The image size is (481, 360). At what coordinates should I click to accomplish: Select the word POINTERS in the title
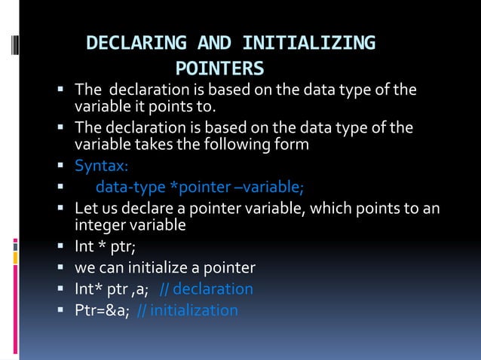220,69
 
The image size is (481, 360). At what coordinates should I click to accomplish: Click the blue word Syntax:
101,166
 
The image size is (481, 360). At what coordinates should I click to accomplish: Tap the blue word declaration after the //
213,289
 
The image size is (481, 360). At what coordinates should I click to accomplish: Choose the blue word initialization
195,310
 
